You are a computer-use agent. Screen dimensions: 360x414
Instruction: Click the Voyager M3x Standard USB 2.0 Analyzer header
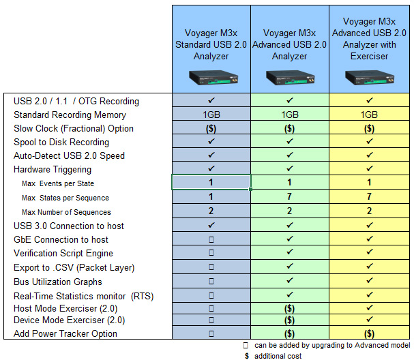click(211, 44)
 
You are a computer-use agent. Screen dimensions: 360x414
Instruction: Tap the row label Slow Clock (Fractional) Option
click(74, 129)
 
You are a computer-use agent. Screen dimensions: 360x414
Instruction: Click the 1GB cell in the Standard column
click(211, 115)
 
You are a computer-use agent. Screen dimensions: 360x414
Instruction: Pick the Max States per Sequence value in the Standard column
click(211, 197)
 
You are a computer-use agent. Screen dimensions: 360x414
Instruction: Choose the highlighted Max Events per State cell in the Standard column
click(211, 183)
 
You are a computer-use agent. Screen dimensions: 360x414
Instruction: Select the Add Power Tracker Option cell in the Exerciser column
click(369, 333)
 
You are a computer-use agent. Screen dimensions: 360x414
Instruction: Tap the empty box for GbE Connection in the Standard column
click(211, 239)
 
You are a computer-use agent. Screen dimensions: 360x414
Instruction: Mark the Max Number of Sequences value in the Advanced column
click(290, 211)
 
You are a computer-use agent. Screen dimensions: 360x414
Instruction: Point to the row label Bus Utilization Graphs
click(58, 282)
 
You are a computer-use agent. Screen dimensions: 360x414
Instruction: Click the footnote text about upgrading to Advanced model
click(328, 345)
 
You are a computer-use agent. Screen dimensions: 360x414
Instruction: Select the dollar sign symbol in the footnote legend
click(246, 355)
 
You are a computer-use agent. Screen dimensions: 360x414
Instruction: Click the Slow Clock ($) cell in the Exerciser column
click(369, 129)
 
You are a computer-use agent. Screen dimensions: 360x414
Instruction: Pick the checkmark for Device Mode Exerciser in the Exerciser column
click(369, 320)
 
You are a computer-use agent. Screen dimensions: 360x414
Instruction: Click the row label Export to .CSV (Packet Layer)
click(74, 267)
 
